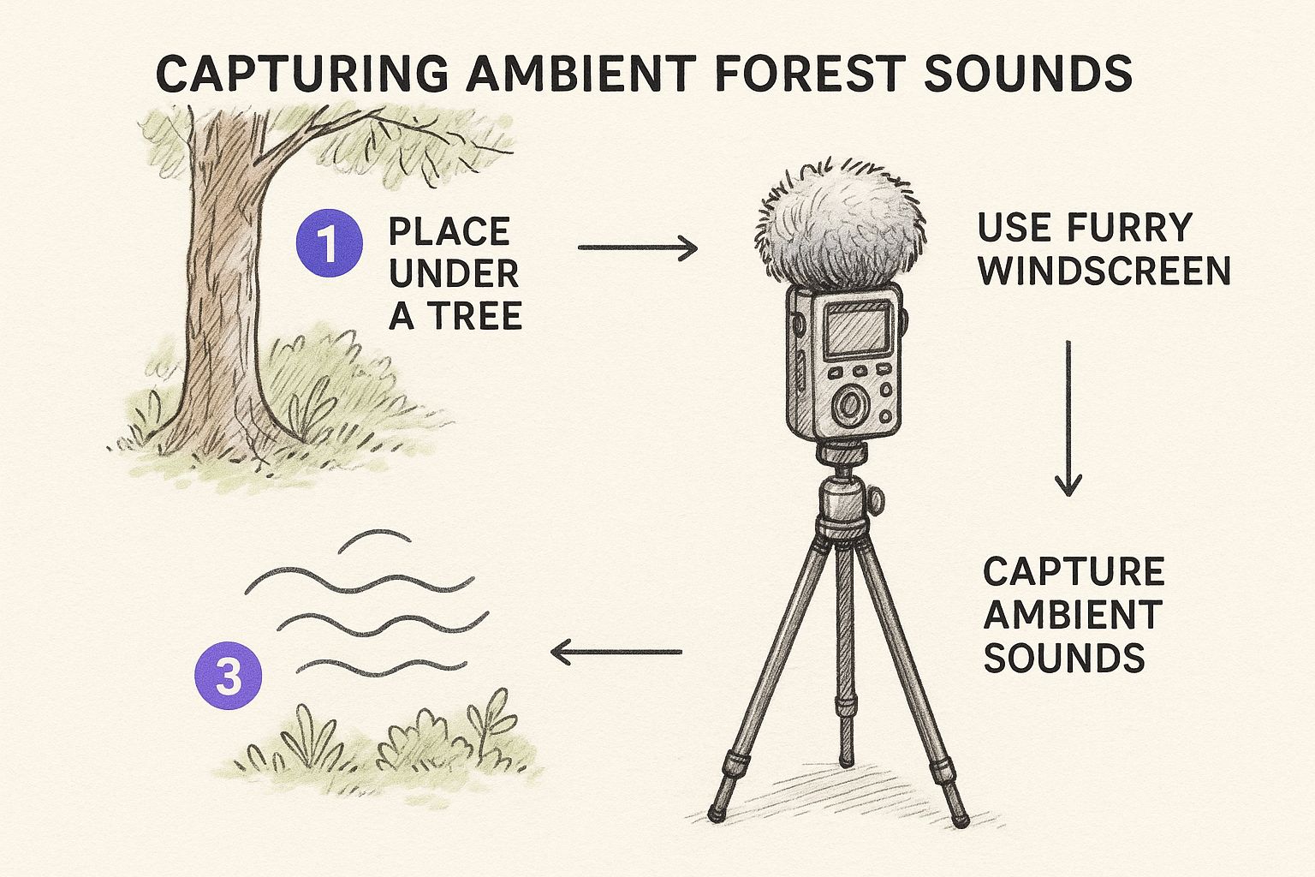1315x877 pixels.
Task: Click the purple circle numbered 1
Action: tap(330, 242)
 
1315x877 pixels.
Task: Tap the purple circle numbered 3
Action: tap(228, 676)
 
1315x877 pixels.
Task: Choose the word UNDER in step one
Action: tap(454, 273)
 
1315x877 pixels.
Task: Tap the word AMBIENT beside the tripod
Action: tap(1073, 614)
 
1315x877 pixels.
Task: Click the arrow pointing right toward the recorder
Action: tap(638, 248)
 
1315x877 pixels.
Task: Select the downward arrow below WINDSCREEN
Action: tap(1068, 418)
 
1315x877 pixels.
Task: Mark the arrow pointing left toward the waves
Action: tap(616, 652)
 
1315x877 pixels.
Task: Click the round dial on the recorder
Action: tap(849, 405)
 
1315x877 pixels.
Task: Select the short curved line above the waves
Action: tap(374, 540)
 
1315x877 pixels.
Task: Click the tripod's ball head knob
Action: tap(876, 500)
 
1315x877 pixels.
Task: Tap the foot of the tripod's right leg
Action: tap(959, 820)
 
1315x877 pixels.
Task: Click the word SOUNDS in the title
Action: tap(1028, 74)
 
